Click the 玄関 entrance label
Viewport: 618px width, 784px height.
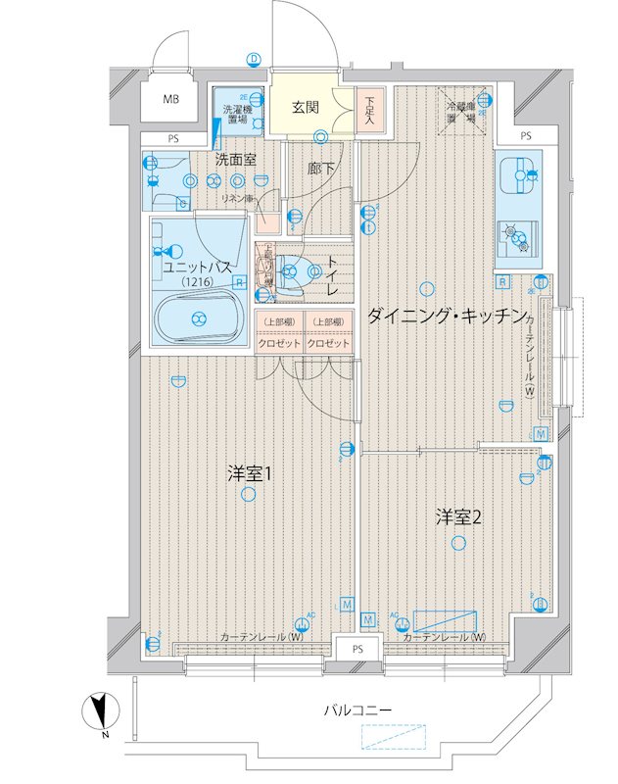click(x=304, y=107)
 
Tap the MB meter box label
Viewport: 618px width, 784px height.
click(x=171, y=99)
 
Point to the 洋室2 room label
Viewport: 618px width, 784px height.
click(x=457, y=517)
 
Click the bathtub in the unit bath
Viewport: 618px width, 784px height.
click(x=200, y=317)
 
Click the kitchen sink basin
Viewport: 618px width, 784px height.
click(x=517, y=177)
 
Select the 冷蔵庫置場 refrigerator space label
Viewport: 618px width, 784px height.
click(x=460, y=112)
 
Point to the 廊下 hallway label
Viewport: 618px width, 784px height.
click(x=320, y=169)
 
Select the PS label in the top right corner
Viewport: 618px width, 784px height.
click(x=525, y=135)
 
